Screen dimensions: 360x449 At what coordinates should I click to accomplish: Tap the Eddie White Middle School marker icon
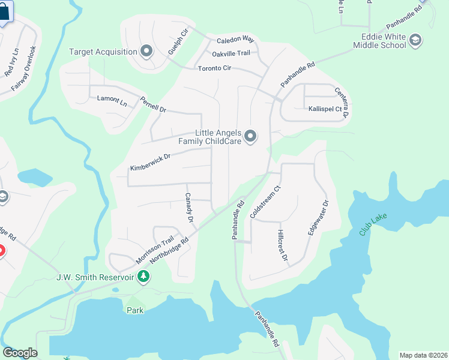[x=415, y=41]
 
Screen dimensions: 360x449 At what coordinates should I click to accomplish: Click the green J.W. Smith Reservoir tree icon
[x=143, y=277]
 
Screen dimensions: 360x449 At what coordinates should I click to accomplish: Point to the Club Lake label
[x=374, y=224]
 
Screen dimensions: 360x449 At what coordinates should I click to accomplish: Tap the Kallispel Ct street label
[x=325, y=109]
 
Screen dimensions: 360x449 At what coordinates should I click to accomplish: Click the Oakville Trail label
[x=231, y=53]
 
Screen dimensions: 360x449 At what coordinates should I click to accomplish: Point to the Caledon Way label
[x=236, y=39]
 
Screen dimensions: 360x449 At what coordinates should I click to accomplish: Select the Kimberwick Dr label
[x=151, y=162]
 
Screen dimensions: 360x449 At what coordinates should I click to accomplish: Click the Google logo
[x=20, y=353]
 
